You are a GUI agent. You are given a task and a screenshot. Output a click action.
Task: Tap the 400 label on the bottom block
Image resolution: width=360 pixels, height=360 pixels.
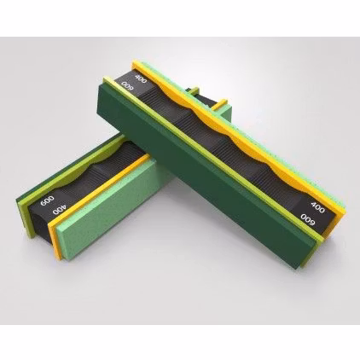click(58, 208)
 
